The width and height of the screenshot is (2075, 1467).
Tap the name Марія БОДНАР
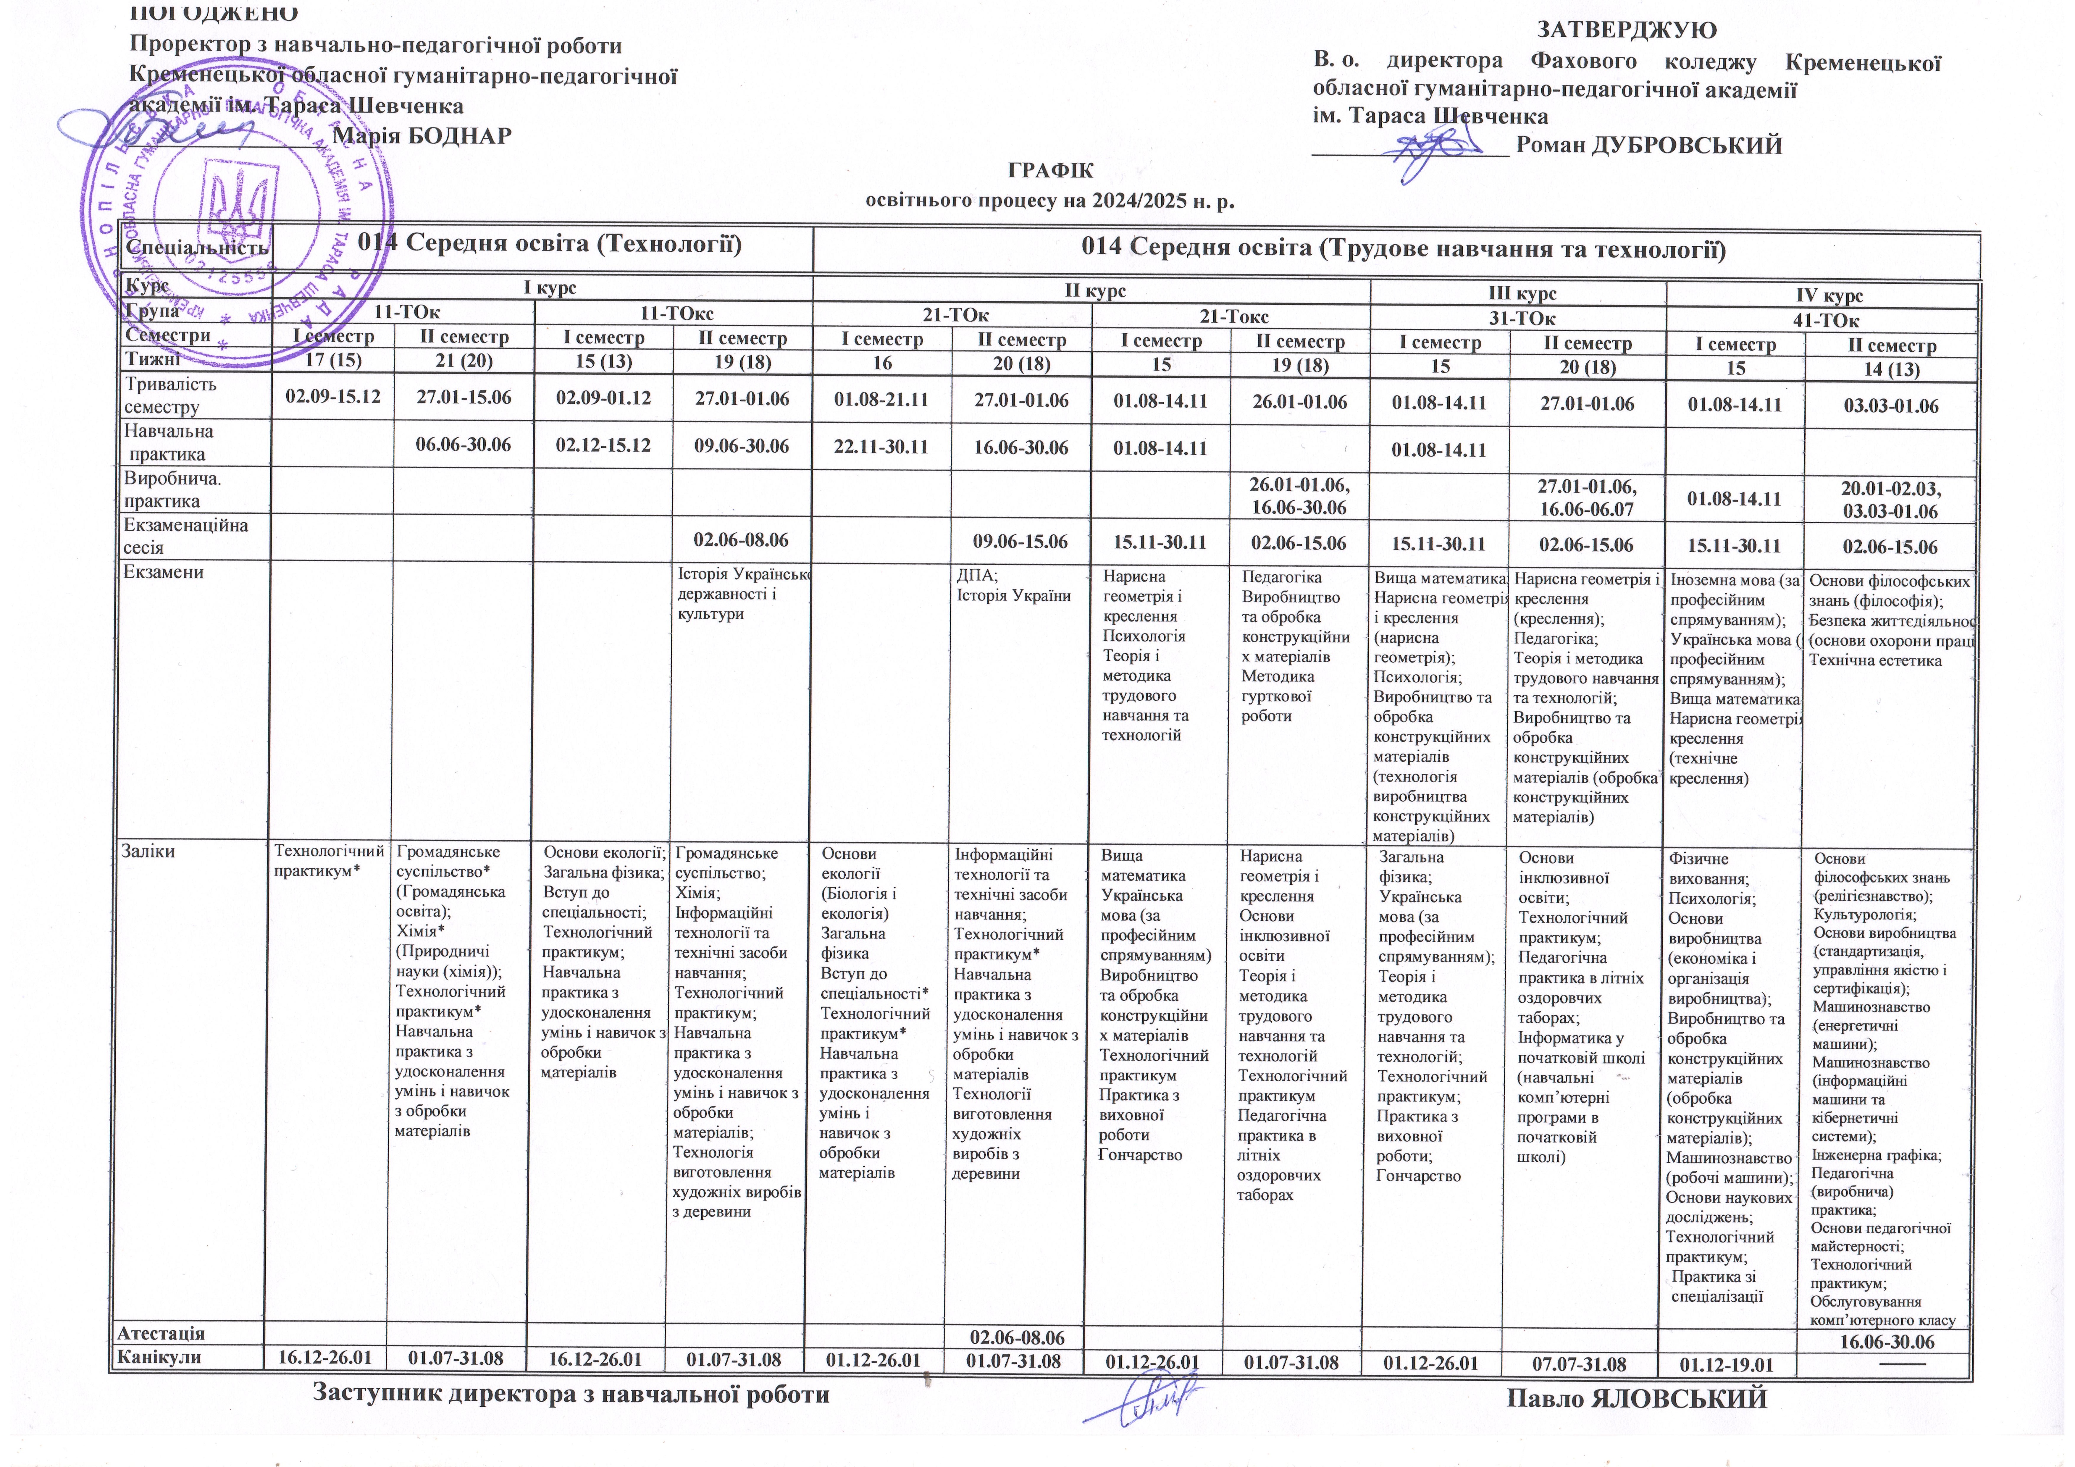click(422, 136)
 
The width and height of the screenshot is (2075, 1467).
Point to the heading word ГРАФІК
click(1050, 172)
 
